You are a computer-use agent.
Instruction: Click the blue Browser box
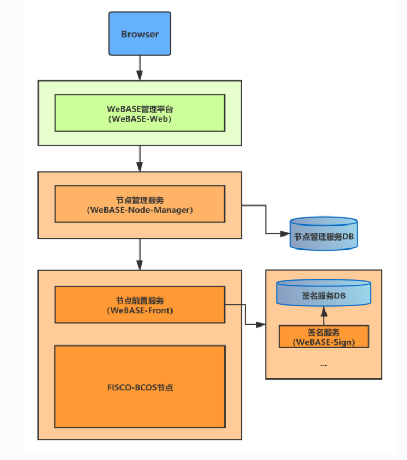pyautogui.click(x=140, y=34)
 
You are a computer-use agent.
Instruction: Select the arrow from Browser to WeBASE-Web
pyautogui.click(x=140, y=68)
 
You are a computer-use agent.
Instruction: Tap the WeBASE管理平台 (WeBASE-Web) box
pyautogui.click(x=140, y=113)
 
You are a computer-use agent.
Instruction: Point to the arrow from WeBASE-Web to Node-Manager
pyautogui.click(x=140, y=159)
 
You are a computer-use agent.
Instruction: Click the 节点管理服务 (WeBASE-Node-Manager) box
pyautogui.click(x=140, y=204)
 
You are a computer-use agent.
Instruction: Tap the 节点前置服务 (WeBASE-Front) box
pyautogui.click(x=140, y=304)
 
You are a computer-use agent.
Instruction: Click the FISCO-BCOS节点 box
pyautogui.click(x=140, y=386)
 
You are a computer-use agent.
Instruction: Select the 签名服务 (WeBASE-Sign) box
pyautogui.click(x=324, y=336)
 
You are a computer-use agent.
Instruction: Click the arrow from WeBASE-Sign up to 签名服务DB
pyautogui.click(x=324, y=315)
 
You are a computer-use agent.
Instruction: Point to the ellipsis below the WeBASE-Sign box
pyautogui.click(x=324, y=364)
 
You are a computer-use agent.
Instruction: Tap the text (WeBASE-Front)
pyautogui.click(x=140, y=310)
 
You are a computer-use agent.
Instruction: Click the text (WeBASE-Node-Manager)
pyautogui.click(x=140, y=210)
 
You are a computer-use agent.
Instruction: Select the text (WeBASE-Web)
pyautogui.click(x=140, y=118)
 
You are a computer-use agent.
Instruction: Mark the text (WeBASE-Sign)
pyautogui.click(x=324, y=342)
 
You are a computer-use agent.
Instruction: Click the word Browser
pyautogui.click(x=140, y=34)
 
